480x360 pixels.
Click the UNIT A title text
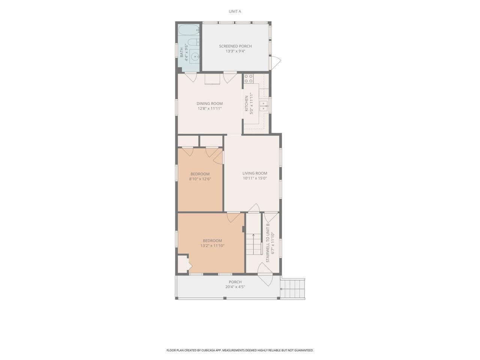[x=235, y=11]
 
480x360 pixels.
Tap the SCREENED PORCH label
[x=235, y=46]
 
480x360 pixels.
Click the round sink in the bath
[x=195, y=57]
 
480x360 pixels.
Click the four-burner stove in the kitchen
[x=249, y=78]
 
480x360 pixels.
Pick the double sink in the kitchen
[x=264, y=106]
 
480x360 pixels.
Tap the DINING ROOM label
[x=210, y=103]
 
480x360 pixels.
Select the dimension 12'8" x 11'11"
[x=210, y=109]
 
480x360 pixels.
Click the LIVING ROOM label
[x=255, y=173]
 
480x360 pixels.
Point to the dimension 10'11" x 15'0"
[x=255, y=178]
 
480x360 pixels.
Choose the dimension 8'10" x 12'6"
[x=200, y=179]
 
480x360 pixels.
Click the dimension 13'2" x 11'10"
[x=212, y=246]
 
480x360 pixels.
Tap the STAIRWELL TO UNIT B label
[x=268, y=243]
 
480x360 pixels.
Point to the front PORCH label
[x=235, y=282]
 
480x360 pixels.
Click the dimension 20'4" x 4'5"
[x=235, y=287]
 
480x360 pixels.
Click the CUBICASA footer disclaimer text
[x=240, y=350]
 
